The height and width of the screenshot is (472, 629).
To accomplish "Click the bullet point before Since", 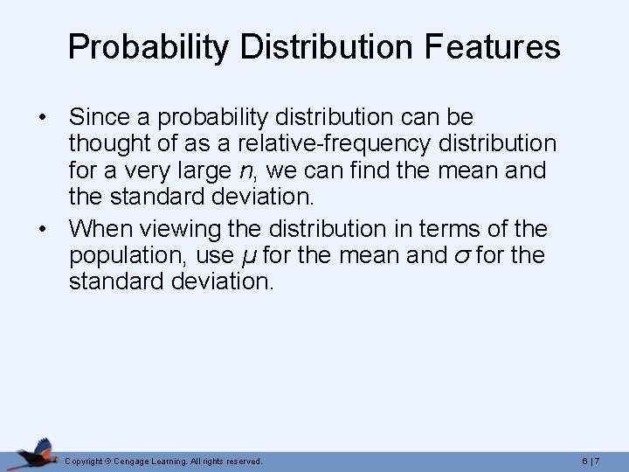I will click(x=42, y=117).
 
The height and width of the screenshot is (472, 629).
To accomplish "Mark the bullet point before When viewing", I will click(x=42, y=230).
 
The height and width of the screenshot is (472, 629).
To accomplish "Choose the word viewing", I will click(x=182, y=229).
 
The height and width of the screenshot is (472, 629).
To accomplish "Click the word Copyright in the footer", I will click(x=84, y=461).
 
